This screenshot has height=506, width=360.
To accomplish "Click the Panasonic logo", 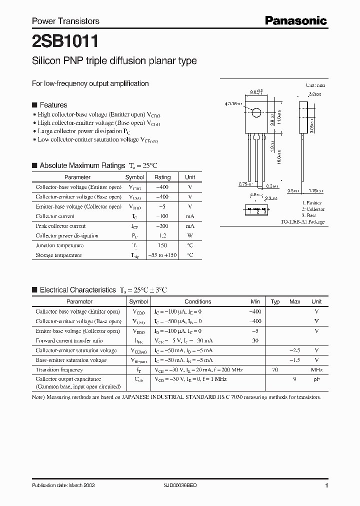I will [295, 20].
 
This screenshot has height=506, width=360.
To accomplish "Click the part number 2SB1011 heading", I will [58, 40].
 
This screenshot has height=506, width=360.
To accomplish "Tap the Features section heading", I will [53, 105].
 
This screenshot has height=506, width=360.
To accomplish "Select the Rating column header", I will [162, 177].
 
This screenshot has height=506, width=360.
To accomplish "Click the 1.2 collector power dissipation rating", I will [162, 235].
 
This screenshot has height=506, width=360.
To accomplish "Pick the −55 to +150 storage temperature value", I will [162, 255].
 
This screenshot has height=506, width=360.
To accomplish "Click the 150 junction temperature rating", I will [162, 245].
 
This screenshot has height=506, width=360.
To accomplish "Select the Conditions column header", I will [198, 301].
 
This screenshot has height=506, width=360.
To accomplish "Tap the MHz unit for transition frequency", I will [316, 370].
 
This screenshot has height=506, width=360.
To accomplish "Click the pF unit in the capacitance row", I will [316, 379].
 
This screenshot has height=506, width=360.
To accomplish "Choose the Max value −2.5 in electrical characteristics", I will [294, 350].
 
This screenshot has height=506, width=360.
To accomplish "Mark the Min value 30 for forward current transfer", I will [255, 340].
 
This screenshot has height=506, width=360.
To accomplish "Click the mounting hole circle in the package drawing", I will [256, 112].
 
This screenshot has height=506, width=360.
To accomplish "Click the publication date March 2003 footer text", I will [63, 485].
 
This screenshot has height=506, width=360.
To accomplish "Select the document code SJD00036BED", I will [181, 485].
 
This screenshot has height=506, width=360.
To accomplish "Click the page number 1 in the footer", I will [326, 485].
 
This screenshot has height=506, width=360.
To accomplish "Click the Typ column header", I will [275, 301].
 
